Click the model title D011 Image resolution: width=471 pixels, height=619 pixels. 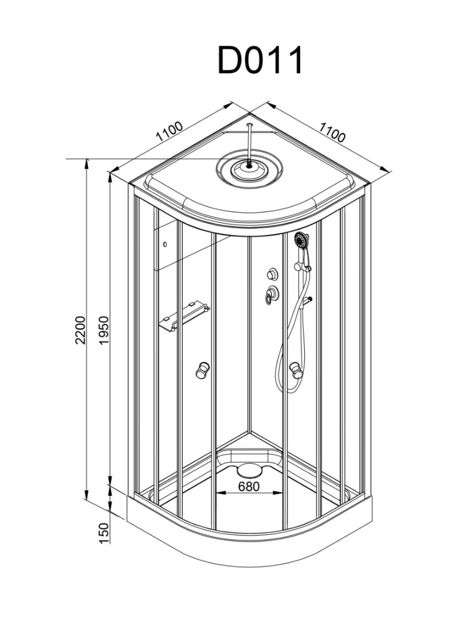pos(260,60)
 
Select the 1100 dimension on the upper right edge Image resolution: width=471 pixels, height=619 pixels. pos(332,133)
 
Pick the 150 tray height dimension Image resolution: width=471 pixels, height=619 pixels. pos(104,534)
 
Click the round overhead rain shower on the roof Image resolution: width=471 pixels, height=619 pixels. pos(249,167)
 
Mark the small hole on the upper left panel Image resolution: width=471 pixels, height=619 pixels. pos(166,245)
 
